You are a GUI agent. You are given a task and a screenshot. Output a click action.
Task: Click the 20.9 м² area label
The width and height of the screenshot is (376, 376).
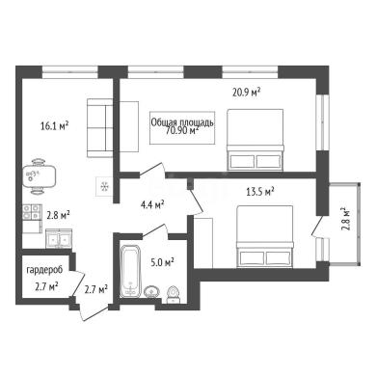pos(246,93)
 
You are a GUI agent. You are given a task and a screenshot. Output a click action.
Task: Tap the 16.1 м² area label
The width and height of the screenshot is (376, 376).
pos(55,125)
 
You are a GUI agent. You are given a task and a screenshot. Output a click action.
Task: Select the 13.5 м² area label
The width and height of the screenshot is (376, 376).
pos(260,192)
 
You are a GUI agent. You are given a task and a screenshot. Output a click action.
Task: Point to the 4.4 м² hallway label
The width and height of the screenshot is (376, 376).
pos(152,204)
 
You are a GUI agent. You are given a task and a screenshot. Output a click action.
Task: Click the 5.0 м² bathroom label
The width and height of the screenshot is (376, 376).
pos(162,262)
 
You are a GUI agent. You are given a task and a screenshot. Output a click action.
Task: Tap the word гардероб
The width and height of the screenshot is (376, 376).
pos(44,270)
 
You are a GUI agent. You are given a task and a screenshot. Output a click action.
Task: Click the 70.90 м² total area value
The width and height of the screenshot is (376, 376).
pos(182,130)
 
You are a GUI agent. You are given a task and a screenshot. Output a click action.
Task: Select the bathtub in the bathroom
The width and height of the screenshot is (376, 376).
pos(130,271)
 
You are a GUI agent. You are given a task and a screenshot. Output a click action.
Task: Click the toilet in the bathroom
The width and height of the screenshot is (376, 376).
pos(174,294)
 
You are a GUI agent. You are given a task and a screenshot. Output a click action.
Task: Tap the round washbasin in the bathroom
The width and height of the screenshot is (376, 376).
pos(151,291)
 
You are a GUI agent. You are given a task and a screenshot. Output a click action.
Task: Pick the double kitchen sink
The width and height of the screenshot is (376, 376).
pos(59,238)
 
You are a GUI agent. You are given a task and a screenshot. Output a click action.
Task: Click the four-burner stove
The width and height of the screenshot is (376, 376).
pos(32,212)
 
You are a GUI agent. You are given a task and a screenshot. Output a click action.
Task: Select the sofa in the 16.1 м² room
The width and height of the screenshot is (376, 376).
pos(100,128)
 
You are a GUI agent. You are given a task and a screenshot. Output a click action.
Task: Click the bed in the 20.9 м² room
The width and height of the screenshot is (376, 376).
pos(255,140)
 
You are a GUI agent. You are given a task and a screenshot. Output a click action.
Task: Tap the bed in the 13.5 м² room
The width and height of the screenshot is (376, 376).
pos(264,236)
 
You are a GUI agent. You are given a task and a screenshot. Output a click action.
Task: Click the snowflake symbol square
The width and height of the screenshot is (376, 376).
pos(104,186)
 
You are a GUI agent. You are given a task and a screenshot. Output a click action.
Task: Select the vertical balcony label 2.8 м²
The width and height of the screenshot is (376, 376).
pos(345,220)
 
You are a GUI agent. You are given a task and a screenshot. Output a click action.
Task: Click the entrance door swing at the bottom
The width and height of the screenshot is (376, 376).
pos(94,310)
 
